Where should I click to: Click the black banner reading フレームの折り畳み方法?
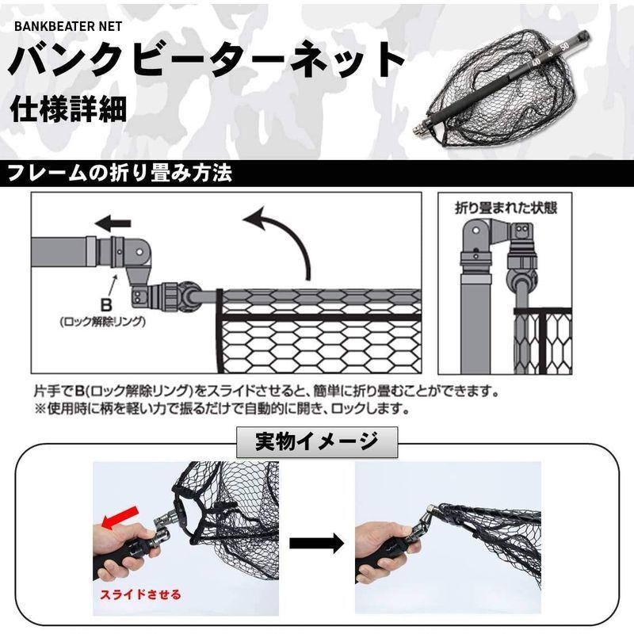pos(120,173)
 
